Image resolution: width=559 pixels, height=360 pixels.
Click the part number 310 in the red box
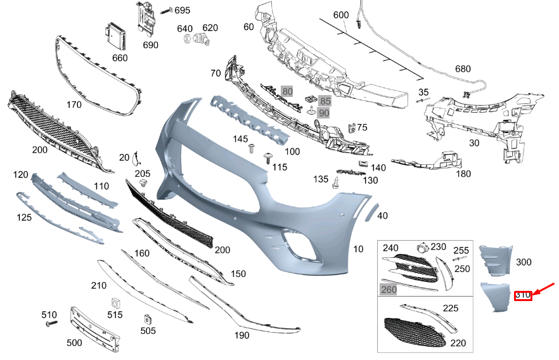pyautogui.click(x=522, y=295)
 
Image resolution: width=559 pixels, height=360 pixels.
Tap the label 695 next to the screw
pyautogui.click(x=182, y=11)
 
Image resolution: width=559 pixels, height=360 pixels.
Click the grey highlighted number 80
pyautogui.click(x=287, y=92)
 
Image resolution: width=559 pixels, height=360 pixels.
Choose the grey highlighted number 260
pyautogui.click(x=389, y=289)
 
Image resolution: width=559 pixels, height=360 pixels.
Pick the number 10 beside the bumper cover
pyautogui.click(x=358, y=249)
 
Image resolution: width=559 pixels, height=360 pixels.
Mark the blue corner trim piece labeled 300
pyautogui.click(x=494, y=260)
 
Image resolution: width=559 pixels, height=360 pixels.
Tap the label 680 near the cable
pyautogui.click(x=463, y=69)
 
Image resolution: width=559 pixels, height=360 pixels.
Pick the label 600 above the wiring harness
pyautogui.click(x=341, y=15)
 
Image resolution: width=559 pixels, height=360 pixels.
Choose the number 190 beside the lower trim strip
pyautogui.click(x=241, y=335)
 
